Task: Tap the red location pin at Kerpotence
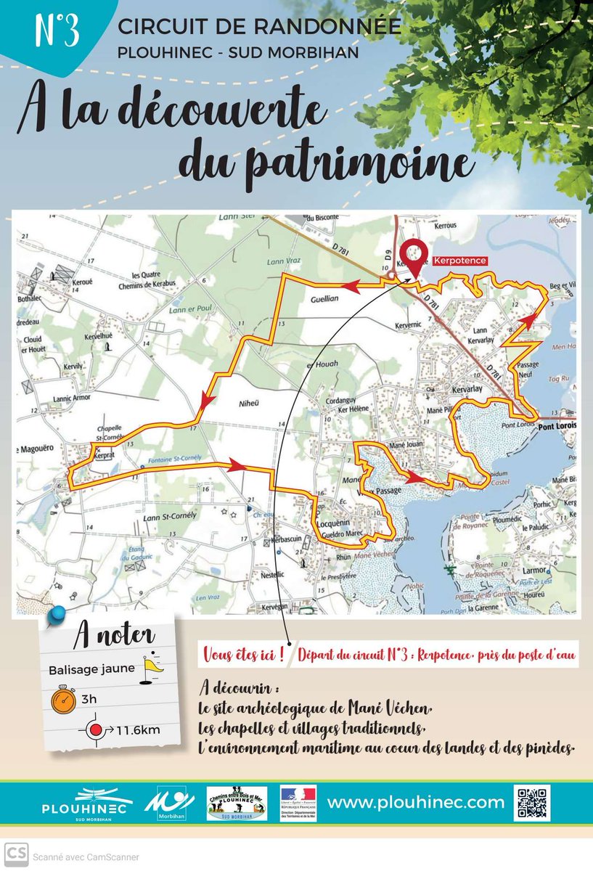[412, 255]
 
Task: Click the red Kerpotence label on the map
[459, 260]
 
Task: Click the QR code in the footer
[531, 803]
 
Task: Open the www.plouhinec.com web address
[416, 802]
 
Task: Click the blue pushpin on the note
[54, 618]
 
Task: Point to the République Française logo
[298, 803]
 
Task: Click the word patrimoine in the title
[324, 165]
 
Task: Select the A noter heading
[113, 637]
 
